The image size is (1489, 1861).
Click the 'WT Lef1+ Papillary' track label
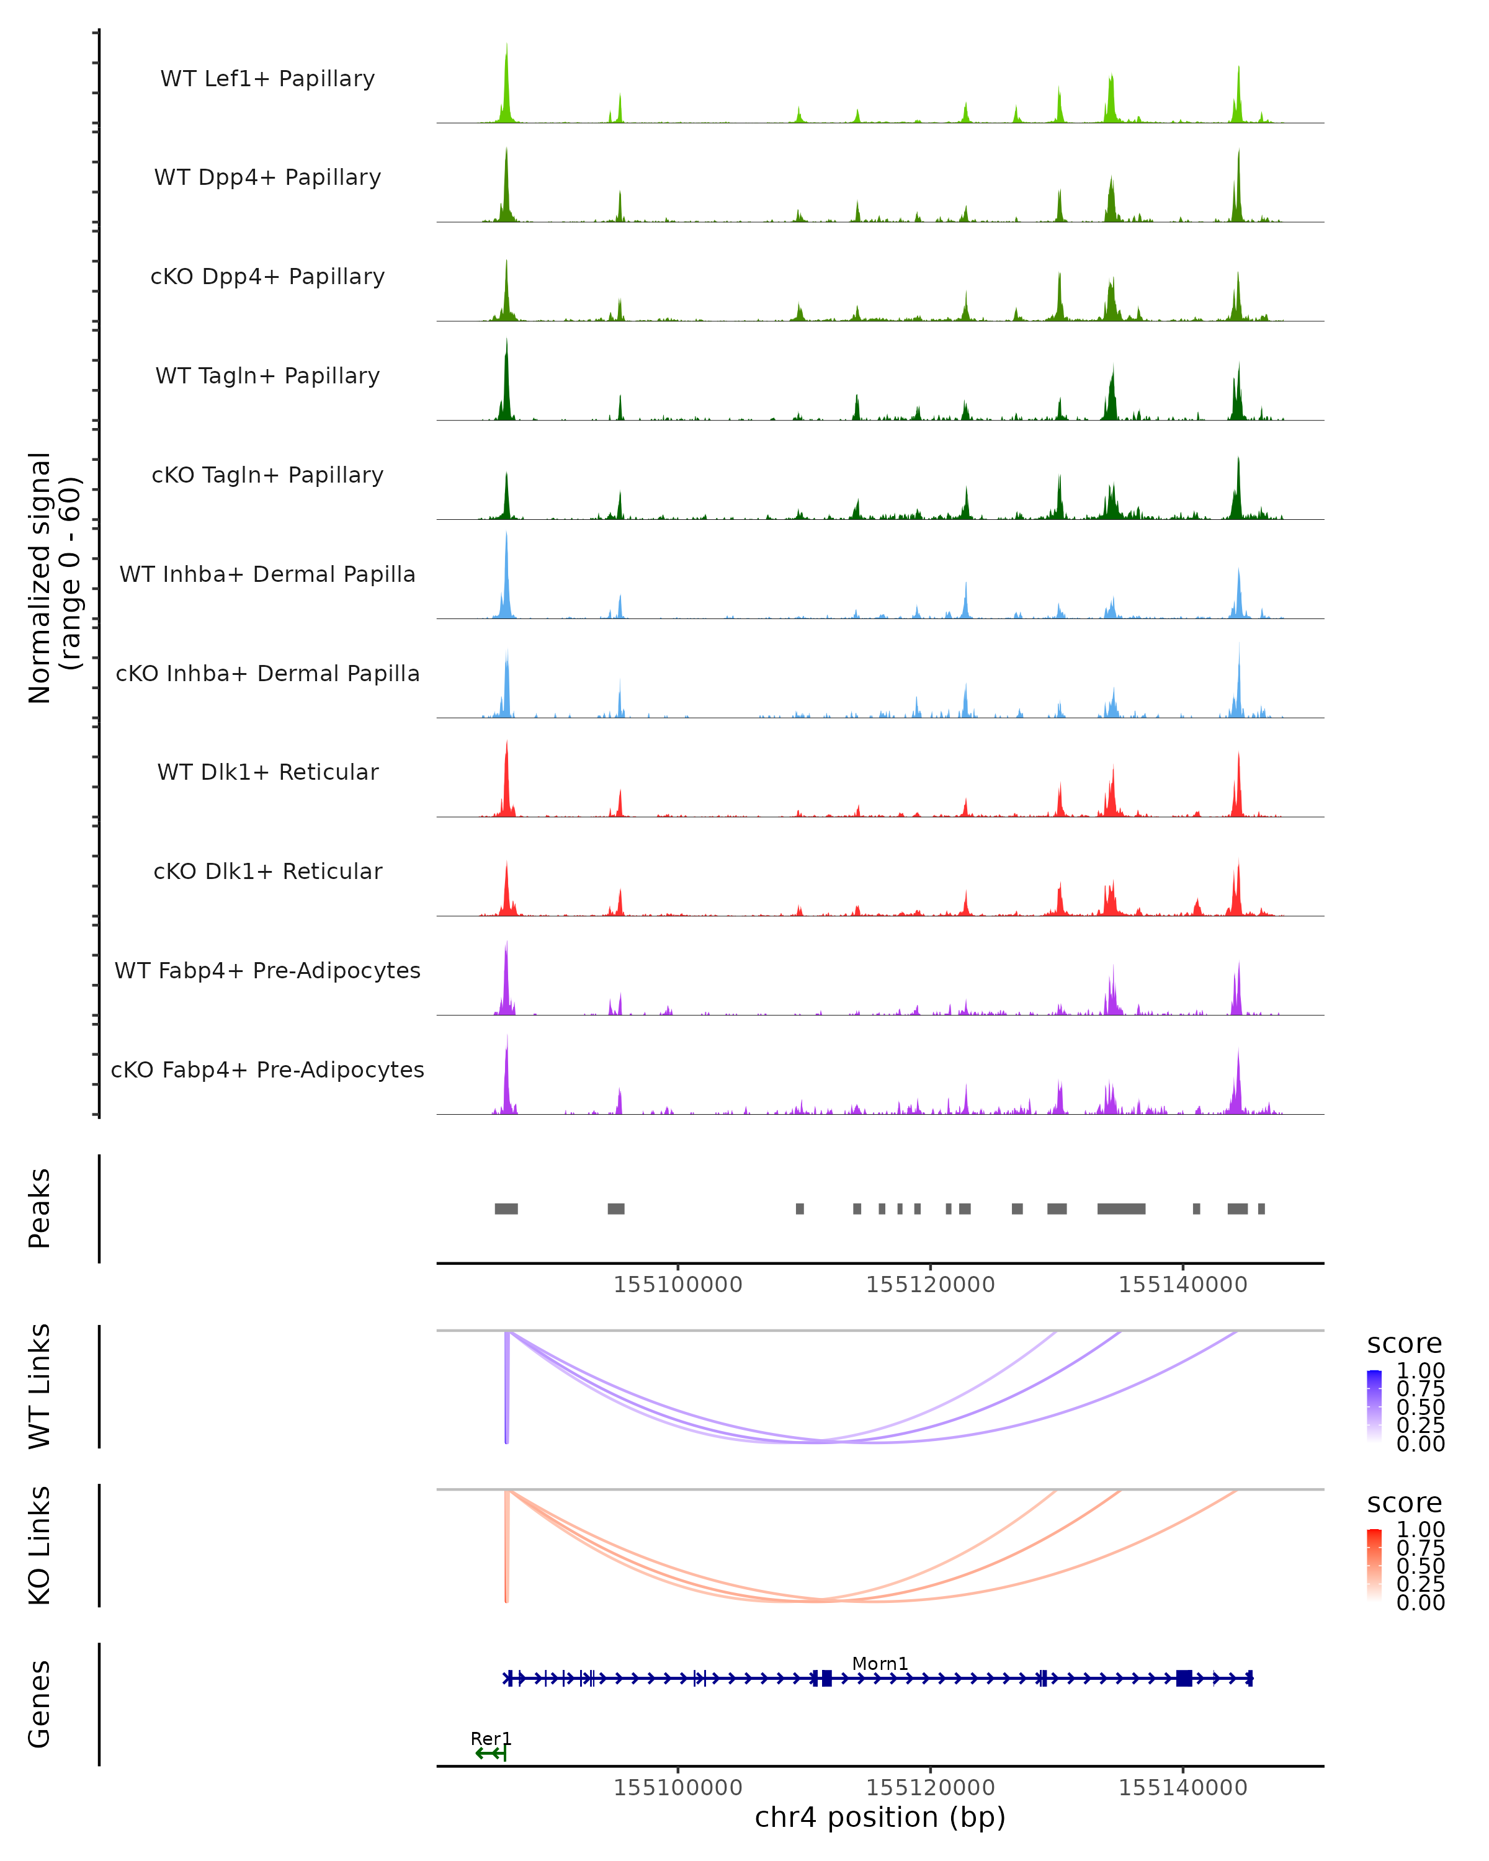point(267,79)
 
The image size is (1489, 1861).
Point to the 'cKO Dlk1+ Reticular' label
point(267,872)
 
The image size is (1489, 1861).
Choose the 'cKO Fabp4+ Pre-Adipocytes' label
point(267,1070)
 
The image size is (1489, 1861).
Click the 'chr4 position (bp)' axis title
point(880,1818)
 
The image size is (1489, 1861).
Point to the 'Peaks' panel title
point(40,1209)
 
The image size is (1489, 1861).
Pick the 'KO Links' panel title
point(40,1546)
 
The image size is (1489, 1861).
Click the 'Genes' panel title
point(40,1705)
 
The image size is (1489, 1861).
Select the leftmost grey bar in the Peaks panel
point(506,1209)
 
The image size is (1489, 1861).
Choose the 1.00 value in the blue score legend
point(1421,1371)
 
